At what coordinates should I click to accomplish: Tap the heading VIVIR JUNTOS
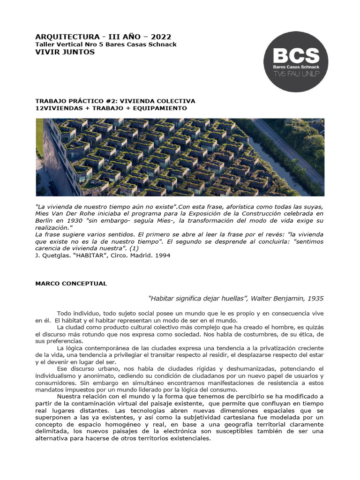(65, 52)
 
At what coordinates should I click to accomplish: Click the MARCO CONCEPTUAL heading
(71, 284)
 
